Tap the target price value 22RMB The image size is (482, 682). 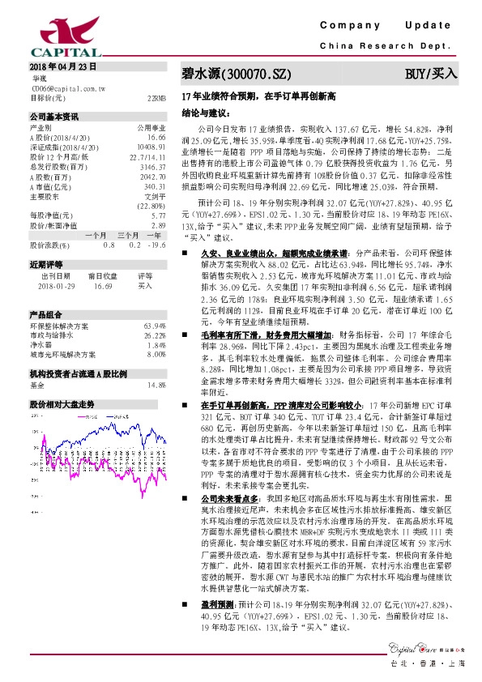tap(157, 97)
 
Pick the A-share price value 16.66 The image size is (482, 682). tap(156, 139)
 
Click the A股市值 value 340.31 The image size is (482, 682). tap(155, 187)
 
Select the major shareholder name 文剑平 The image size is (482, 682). tap(155, 197)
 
